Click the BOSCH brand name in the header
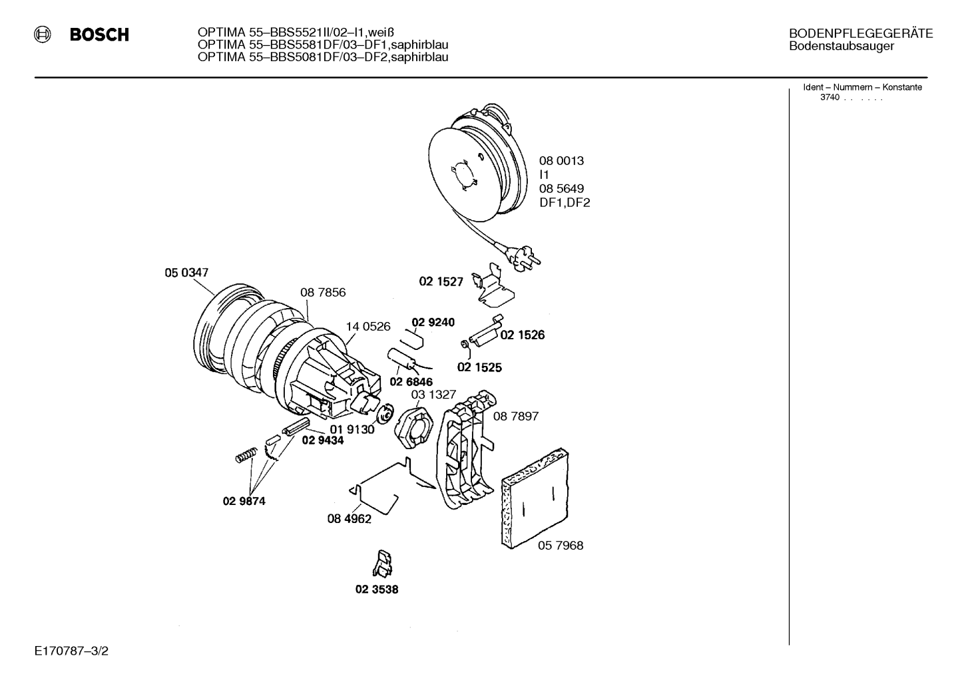click(x=99, y=35)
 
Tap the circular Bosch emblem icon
click(x=43, y=35)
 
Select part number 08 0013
click(x=561, y=160)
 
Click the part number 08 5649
click(x=561, y=188)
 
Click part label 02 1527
click(x=441, y=281)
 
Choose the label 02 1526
click(x=523, y=335)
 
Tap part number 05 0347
click(x=186, y=272)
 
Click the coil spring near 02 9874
click(x=246, y=455)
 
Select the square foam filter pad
click(x=536, y=498)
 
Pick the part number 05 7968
click(x=561, y=545)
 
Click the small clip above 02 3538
click(x=382, y=564)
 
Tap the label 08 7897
click(x=515, y=416)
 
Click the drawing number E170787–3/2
click(x=72, y=651)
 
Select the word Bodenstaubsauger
click(x=841, y=46)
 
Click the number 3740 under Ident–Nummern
click(x=830, y=97)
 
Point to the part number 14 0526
click(x=368, y=327)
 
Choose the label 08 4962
click(x=350, y=519)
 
